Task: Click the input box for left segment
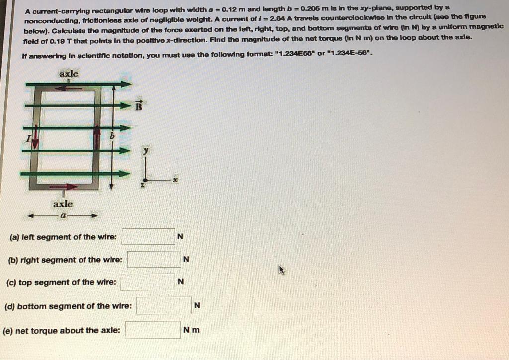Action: pos(149,237)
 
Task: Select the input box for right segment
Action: pos(154,259)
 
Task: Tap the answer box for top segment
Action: pos(148,282)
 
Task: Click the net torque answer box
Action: pos(153,330)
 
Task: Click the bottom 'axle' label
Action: pos(63,204)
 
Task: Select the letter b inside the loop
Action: pos(112,135)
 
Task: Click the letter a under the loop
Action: pos(63,216)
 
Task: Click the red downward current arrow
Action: pos(35,139)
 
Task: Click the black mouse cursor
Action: pos(282,270)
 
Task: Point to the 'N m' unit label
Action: pos(191,330)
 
